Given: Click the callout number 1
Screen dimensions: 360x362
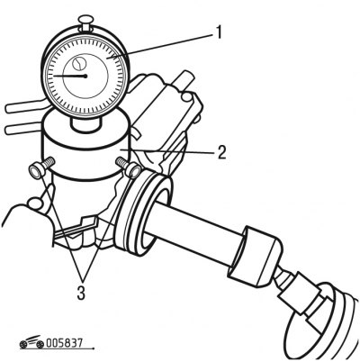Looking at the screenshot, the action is tap(220, 32).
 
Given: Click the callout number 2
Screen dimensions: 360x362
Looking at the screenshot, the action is tap(221, 152).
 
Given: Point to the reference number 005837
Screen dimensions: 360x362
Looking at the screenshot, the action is tap(64, 343).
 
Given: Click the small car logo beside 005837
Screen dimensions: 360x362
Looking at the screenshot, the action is tap(31, 342).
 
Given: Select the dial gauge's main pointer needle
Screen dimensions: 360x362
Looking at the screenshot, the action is tap(70, 76).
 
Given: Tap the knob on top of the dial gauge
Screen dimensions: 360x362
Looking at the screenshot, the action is tap(85, 23).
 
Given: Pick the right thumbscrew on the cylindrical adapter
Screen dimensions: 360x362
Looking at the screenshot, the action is tap(129, 167).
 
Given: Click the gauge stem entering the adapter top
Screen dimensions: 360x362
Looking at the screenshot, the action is tap(85, 123).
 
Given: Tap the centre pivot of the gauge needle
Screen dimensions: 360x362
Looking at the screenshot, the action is tap(85, 77).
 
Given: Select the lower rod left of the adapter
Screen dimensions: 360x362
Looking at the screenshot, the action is tap(23, 129).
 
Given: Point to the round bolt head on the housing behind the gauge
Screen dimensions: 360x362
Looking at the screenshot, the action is tap(186, 96).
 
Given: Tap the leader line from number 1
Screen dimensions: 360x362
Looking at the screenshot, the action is tap(162, 46).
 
